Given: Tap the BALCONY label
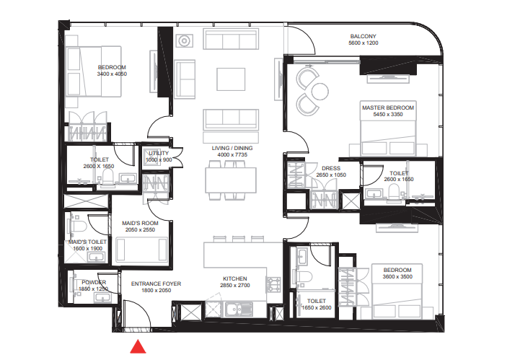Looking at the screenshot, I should coord(363,36).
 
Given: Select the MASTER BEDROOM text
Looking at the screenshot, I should coord(387,107).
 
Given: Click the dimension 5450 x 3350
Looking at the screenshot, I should coord(387,114).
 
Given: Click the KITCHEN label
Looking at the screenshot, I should coord(235,278).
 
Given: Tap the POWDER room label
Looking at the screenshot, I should coord(94,282).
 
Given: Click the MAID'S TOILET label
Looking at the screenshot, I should coord(87,242).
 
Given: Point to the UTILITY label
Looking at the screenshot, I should coord(158,153).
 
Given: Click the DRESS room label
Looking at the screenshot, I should coord(332,168).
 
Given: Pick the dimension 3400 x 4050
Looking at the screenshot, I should coord(112,74).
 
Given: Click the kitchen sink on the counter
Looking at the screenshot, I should coord(234,311).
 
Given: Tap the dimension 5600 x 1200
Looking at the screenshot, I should coord(363,43).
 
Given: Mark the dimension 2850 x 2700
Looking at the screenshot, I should coord(235,286).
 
